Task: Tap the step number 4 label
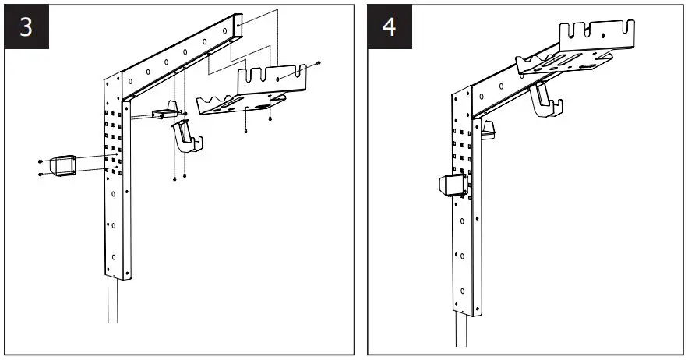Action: tap(390, 26)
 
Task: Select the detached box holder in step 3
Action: tap(63, 166)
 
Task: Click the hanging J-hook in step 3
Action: tap(188, 136)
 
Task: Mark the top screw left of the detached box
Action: tap(41, 161)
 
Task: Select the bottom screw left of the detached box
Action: tap(40, 175)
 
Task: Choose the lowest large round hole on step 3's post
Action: tap(114, 256)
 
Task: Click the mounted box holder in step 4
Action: tap(452, 186)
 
